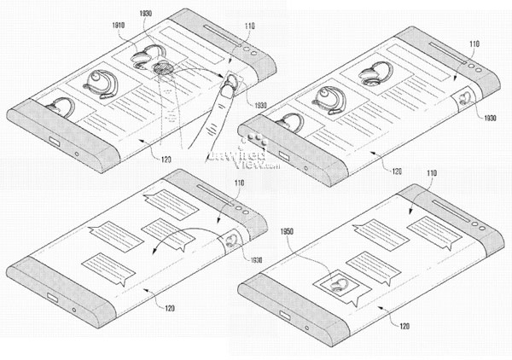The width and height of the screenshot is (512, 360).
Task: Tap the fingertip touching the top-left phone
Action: [x=226, y=82]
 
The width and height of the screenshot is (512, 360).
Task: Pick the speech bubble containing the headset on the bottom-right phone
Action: [x=337, y=287]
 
